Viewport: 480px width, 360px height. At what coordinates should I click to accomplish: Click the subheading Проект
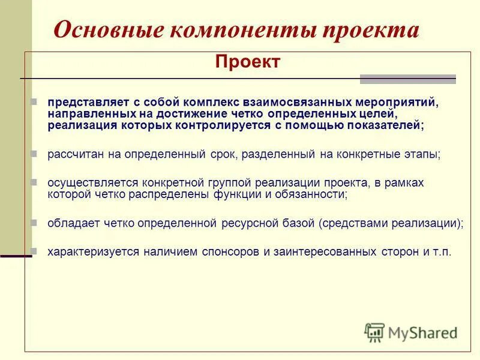pyautogui.click(x=247, y=62)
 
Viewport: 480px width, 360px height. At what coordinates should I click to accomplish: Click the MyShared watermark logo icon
pyautogui.click(x=375, y=332)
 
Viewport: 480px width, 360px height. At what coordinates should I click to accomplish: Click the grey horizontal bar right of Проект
pyautogui.click(x=407, y=79)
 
